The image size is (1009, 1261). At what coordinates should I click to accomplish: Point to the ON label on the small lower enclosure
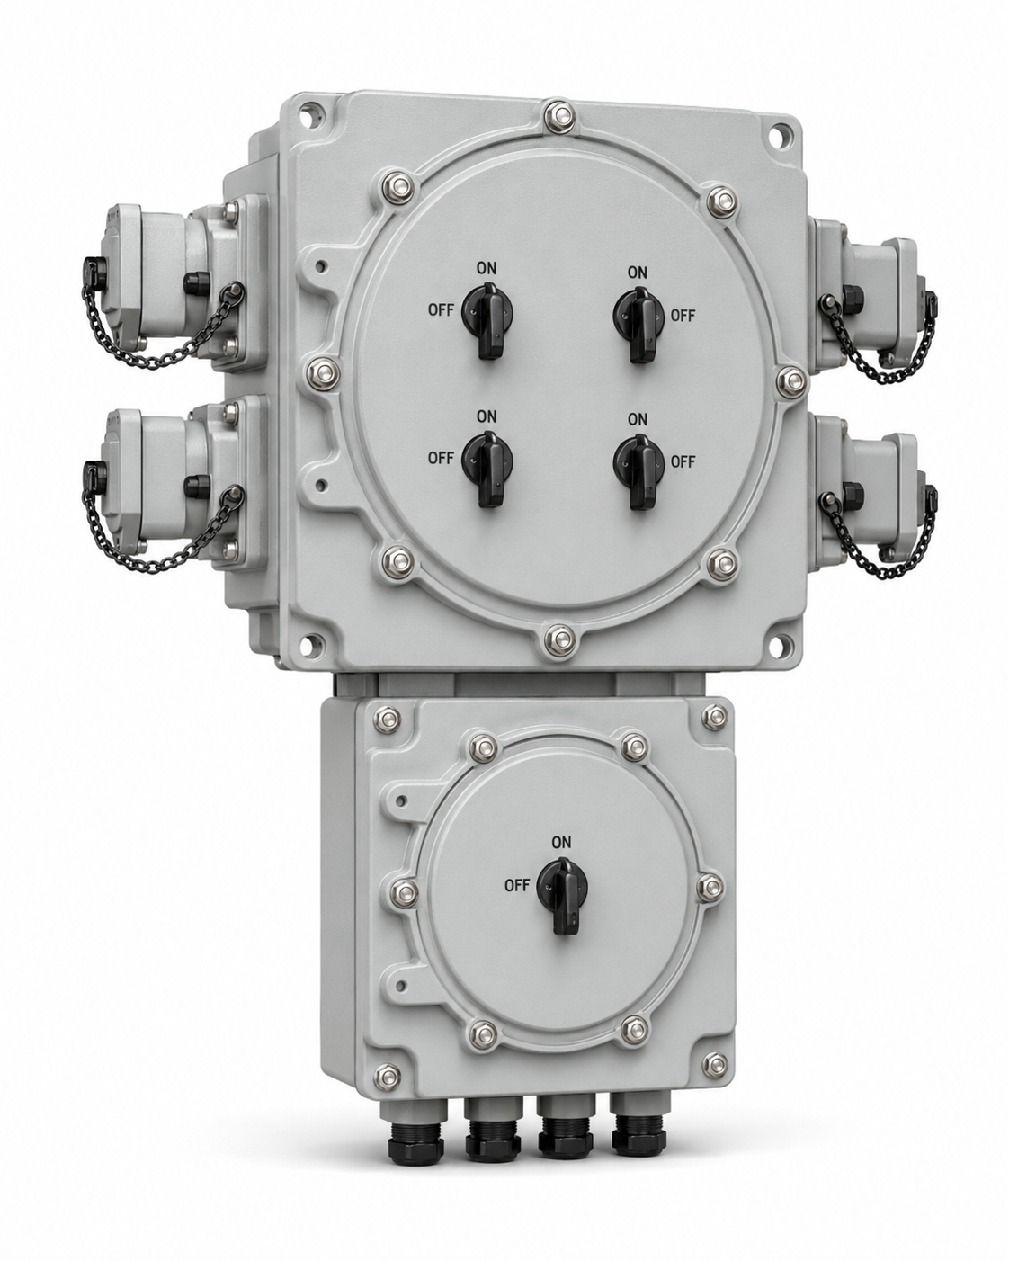coord(561,843)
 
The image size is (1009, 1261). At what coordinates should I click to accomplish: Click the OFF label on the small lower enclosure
coord(517,885)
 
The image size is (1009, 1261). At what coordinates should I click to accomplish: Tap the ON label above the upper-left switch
coord(486,268)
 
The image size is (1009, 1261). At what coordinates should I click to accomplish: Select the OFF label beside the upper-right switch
coord(683,316)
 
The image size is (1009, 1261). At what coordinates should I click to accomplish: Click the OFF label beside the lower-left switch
coord(441,458)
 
